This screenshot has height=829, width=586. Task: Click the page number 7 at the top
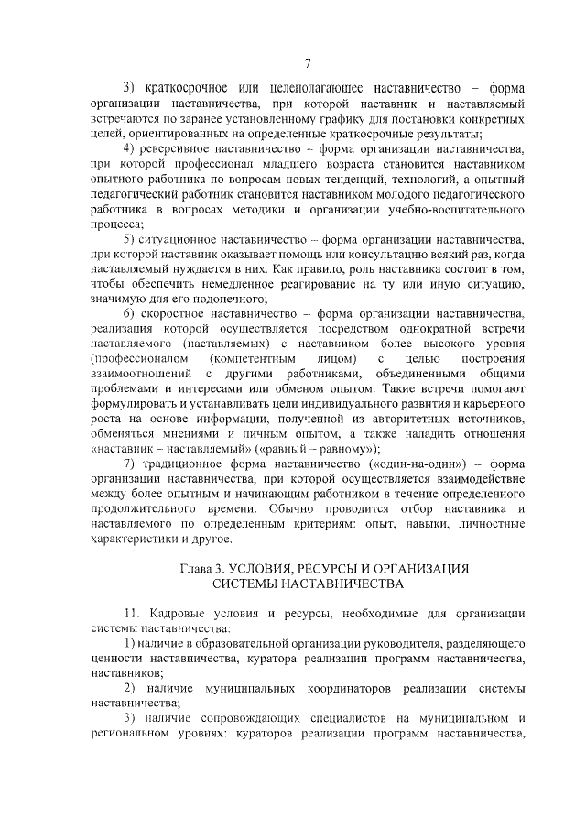[x=308, y=62]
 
